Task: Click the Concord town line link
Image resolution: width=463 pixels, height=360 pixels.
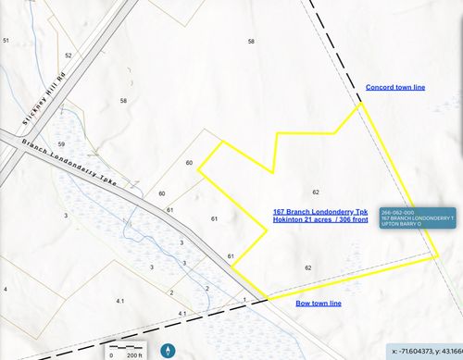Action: [x=395, y=87]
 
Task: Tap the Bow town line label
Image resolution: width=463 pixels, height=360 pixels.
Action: [x=319, y=304]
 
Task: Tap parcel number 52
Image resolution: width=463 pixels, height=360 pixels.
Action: [x=68, y=56]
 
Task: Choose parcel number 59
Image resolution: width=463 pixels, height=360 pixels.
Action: [x=61, y=144]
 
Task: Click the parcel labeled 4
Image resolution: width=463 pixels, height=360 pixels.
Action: [x=6, y=290]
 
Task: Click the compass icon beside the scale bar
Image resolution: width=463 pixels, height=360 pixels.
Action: [x=169, y=351]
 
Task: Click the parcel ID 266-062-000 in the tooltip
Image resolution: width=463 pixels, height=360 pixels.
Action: [x=397, y=211]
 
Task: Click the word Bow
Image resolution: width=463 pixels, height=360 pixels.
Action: [x=302, y=304]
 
